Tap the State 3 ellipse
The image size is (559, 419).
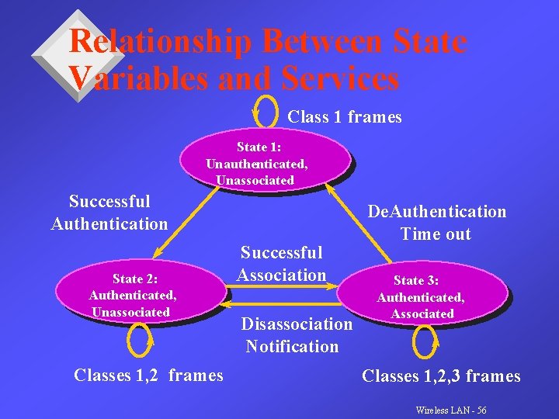tap(429, 296)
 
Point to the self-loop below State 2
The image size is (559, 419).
tap(141, 338)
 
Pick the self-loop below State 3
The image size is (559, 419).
tap(425, 339)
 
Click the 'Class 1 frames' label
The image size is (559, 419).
tap(345, 117)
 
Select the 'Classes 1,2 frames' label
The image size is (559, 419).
tap(148, 376)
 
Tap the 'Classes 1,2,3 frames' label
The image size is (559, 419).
tap(441, 376)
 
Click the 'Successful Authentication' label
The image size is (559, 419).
tap(109, 213)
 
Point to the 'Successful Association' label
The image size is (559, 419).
tap(281, 263)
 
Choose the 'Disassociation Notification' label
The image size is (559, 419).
tap(296, 334)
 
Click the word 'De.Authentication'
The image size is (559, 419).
tap(437, 212)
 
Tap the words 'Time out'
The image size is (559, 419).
tap(436, 234)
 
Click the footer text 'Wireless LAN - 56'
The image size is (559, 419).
tap(451, 409)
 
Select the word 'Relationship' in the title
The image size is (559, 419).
tap(159, 42)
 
